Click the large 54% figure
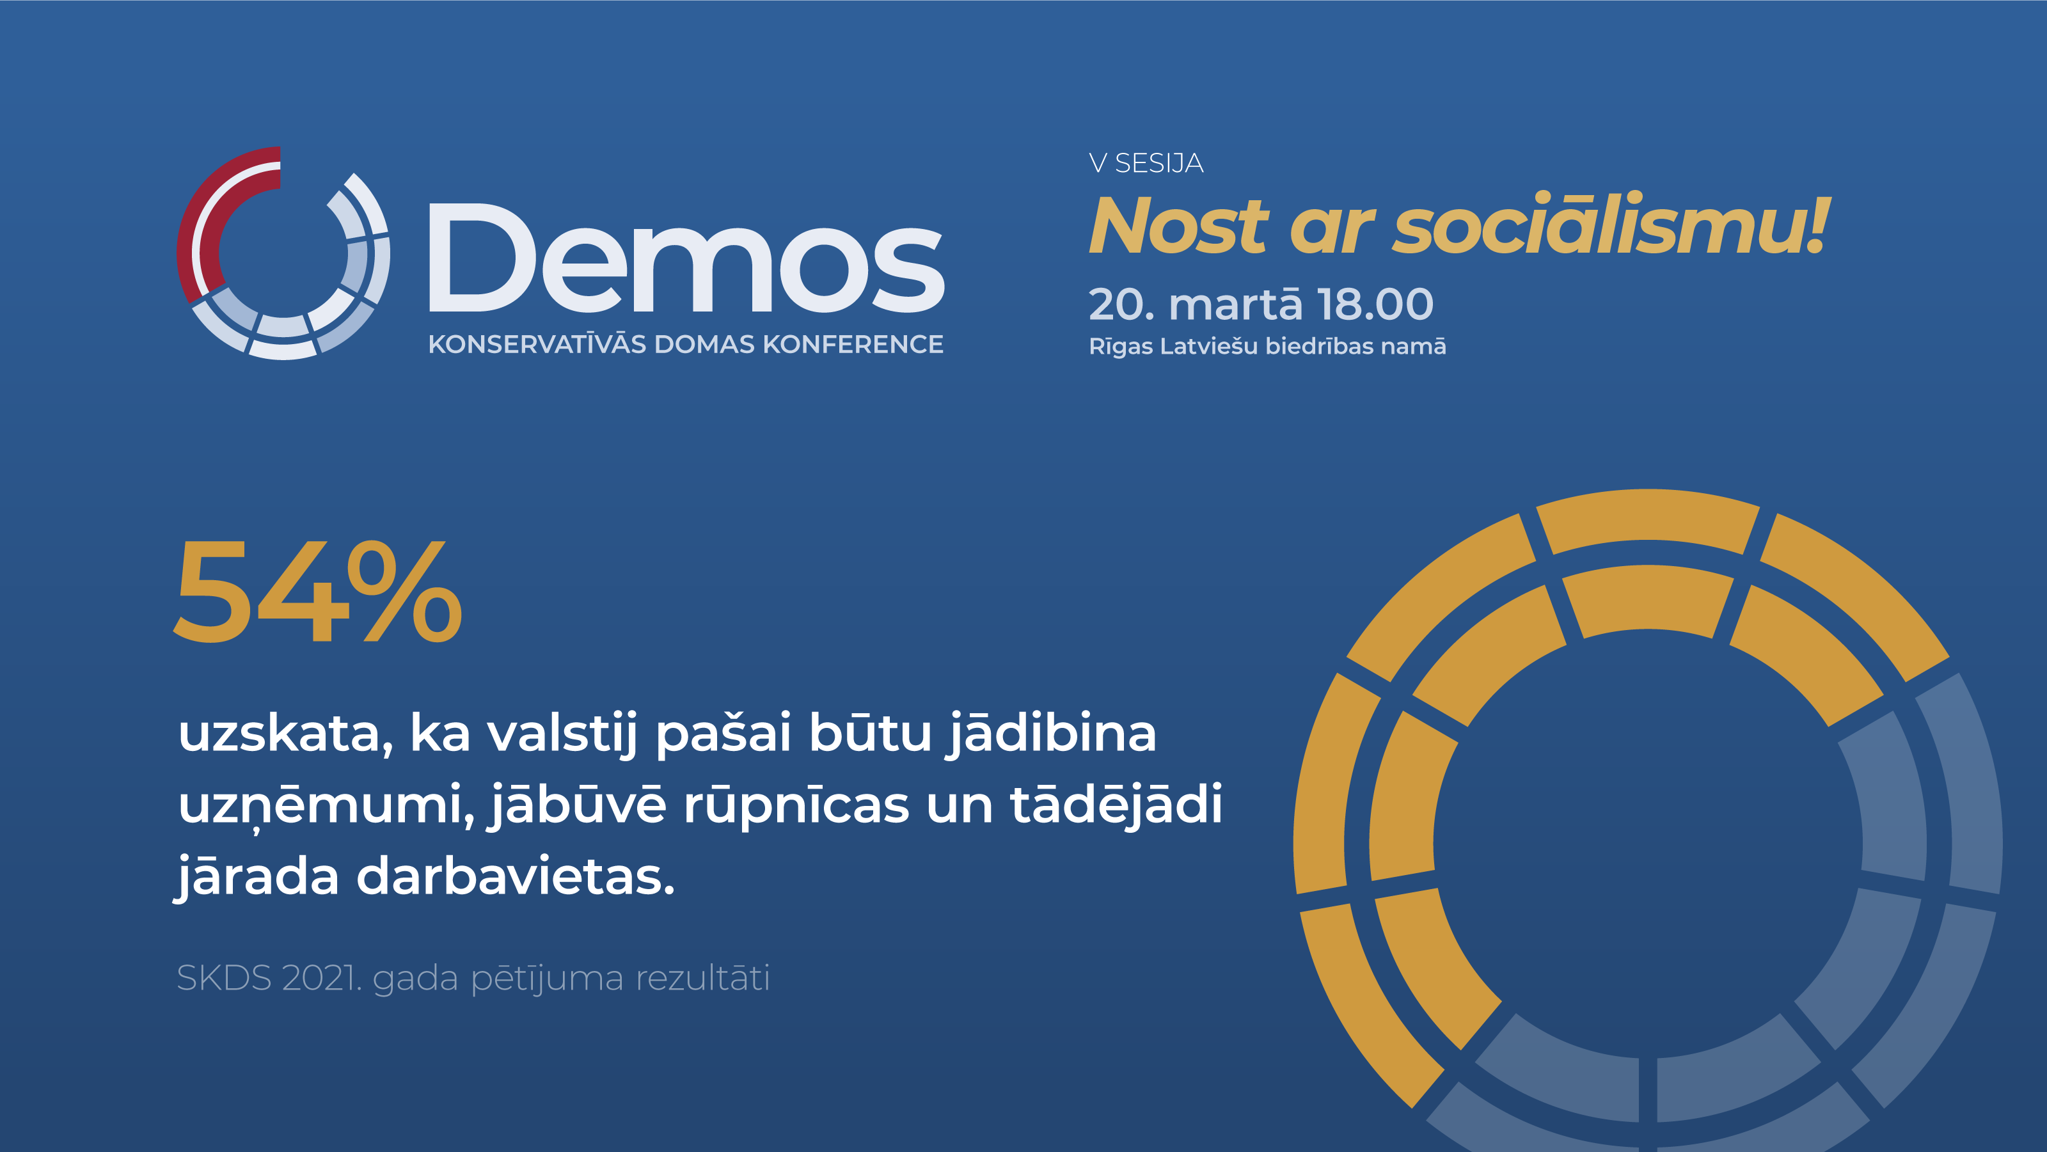(318, 591)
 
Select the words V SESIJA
(1146, 163)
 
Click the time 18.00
(1375, 304)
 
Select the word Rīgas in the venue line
(1121, 347)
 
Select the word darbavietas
(516, 876)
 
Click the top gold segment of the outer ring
(1648, 518)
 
